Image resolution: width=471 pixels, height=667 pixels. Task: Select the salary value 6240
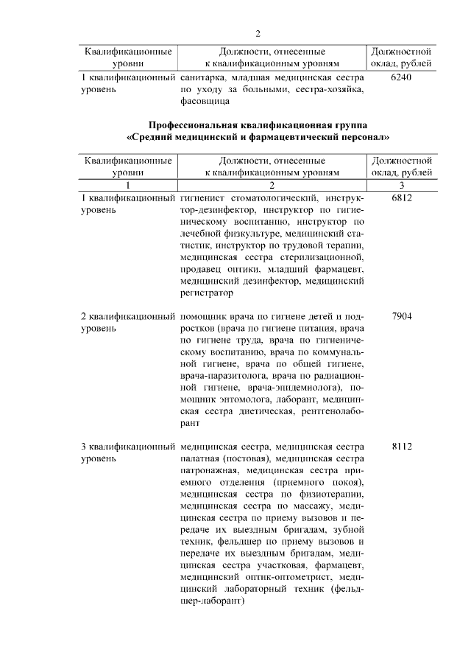coord(402,77)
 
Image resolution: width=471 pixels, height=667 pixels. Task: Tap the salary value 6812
coord(402,198)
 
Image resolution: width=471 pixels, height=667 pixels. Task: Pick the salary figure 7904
coord(402,315)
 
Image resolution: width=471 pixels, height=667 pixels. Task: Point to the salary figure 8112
coord(402,446)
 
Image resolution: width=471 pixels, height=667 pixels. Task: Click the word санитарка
coord(202,77)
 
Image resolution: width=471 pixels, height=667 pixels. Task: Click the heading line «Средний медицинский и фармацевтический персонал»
coord(258,137)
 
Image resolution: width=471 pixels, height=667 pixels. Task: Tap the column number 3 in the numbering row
coord(402,185)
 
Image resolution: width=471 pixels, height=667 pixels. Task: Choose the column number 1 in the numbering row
coord(128,185)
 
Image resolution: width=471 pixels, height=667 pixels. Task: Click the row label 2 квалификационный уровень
coord(127,322)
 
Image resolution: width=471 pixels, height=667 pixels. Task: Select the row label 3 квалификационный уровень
coord(127,453)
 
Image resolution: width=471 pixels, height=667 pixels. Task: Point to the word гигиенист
coord(205,198)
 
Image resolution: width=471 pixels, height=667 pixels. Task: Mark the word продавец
coord(202,269)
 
